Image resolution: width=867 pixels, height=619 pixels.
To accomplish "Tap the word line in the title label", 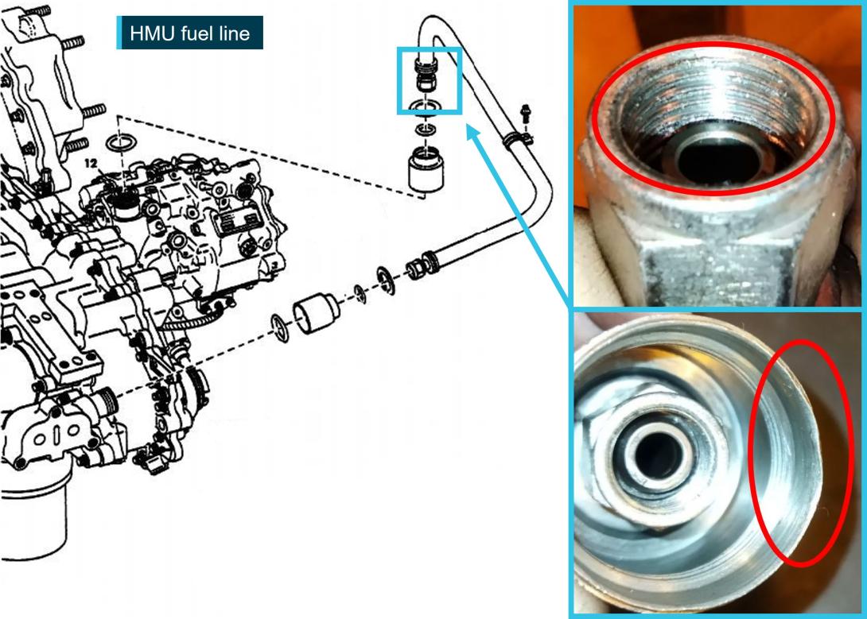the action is (x=235, y=33).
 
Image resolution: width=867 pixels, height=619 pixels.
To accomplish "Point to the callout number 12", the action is (x=91, y=164).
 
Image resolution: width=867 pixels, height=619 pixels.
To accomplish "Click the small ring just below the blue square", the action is (x=426, y=130).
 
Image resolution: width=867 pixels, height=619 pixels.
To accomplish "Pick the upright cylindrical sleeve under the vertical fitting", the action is (x=426, y=169).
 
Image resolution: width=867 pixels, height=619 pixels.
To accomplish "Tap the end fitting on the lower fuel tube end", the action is (x=423, y=265).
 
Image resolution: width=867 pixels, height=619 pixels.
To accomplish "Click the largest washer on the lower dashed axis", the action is (x=386, y=280).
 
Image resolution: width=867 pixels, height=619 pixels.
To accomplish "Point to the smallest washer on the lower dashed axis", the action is (x=360, y=294).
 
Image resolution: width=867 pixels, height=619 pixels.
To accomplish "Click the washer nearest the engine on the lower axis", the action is (x=280, y=328).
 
